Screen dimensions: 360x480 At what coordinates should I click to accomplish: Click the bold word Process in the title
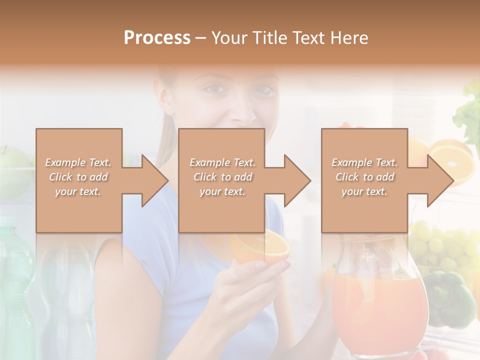tap(157, 38)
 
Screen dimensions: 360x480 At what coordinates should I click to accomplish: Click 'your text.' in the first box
tap(78, 191)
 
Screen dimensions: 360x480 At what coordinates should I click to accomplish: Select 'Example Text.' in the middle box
tap(222, 162)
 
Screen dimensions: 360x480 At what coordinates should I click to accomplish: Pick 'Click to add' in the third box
tap(365, 177)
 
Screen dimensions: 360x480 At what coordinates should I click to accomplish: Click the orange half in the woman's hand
tap(260, 247)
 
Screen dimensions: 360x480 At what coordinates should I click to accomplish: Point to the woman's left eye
tap(264, 90)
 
